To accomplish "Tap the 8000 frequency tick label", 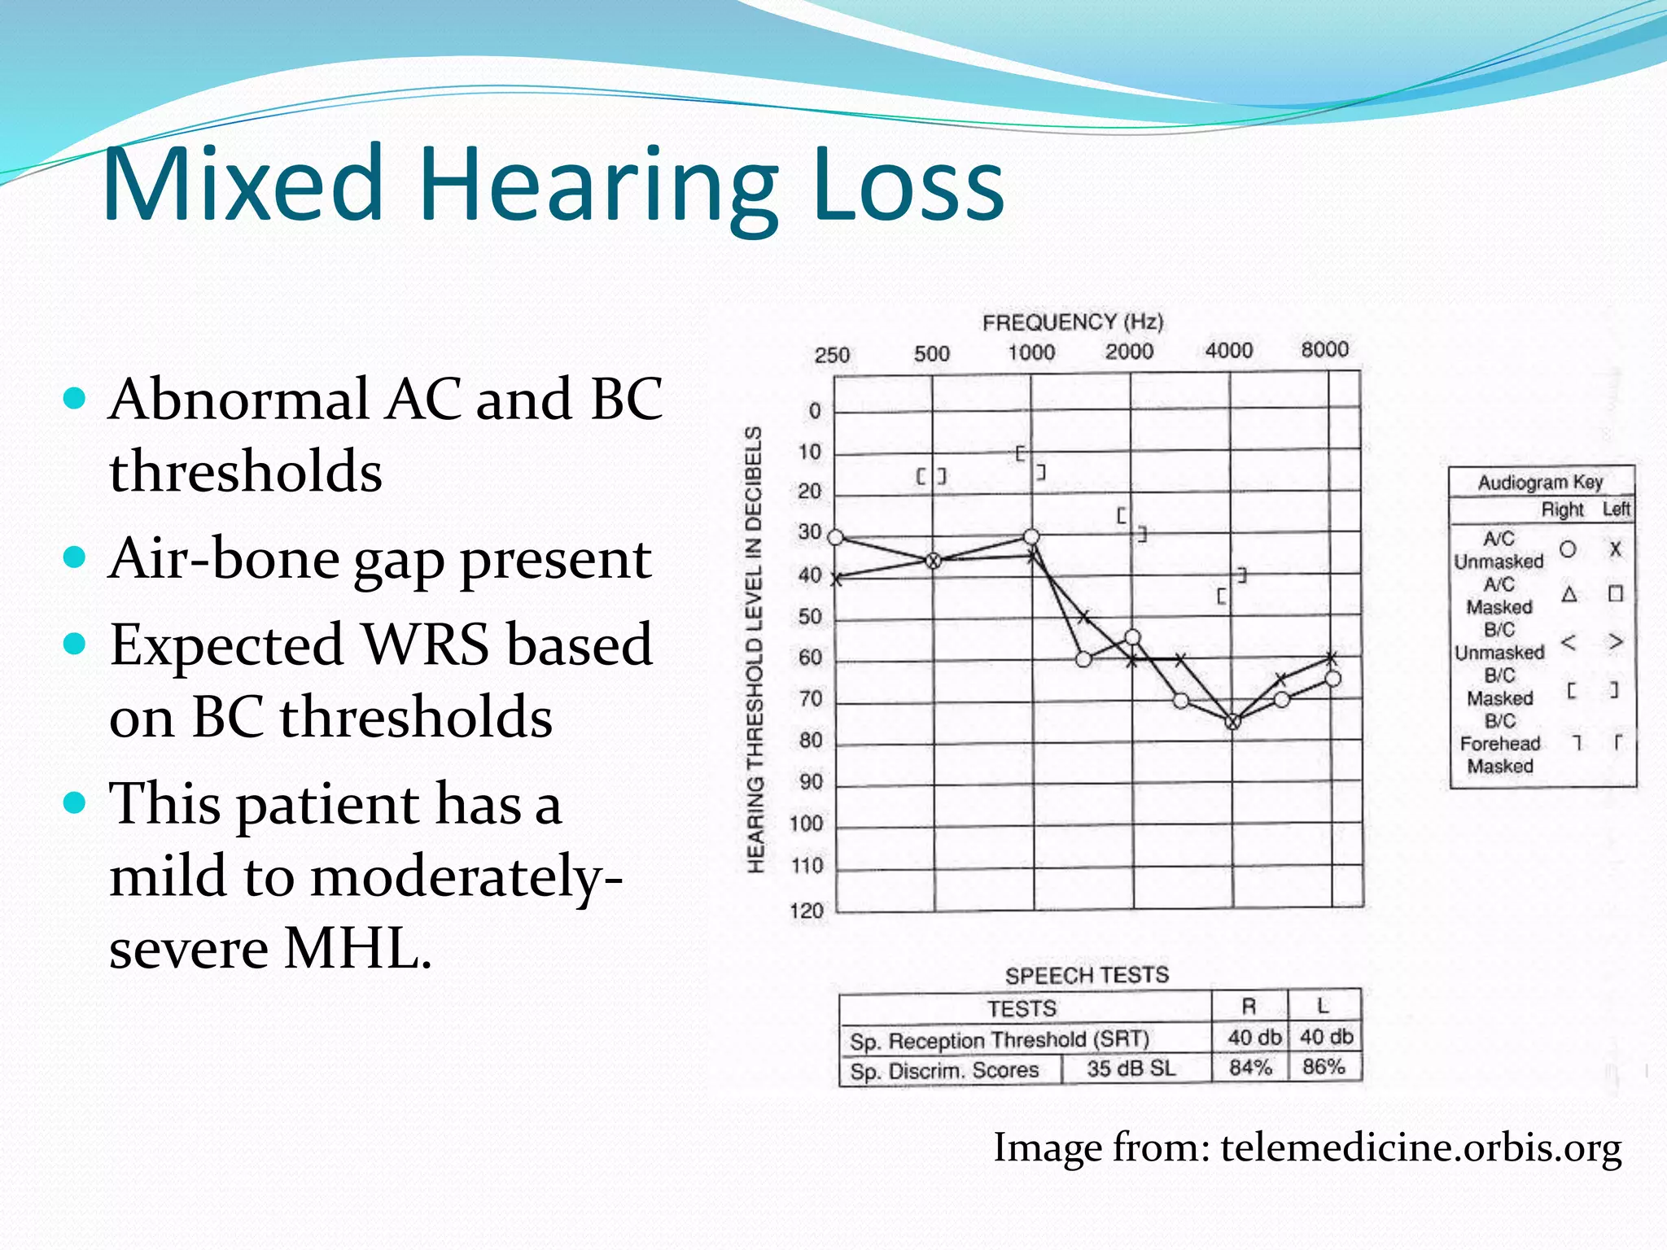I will (1324, 349).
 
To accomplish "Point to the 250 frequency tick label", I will (832, 355).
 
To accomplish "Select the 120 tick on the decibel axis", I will (807, 910).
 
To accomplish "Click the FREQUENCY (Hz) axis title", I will (1073, 322).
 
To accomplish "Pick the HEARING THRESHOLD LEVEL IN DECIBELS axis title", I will (755, 649).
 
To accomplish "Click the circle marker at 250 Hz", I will (836, 537).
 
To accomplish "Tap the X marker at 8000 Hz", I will (1332, 658).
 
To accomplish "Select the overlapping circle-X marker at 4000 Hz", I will (1232, 722).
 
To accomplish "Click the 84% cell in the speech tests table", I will (1249, 1067).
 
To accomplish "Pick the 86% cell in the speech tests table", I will (1324, 1067).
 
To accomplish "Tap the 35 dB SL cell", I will (1131, 1069).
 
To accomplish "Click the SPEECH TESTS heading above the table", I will (1087, 975).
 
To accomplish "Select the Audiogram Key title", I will (1540, 482).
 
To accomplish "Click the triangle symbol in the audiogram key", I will (1569, 594).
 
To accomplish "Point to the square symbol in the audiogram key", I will (1616, 593).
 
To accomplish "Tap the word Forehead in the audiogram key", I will (1499, 744).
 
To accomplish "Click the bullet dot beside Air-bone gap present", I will (74, 557).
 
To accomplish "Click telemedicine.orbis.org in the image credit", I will (1420, 1147).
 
